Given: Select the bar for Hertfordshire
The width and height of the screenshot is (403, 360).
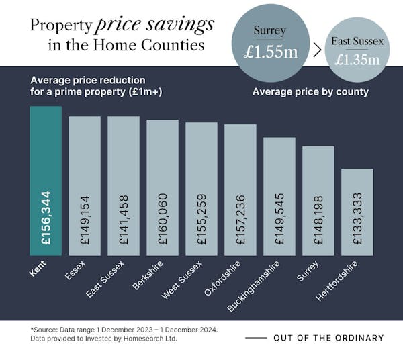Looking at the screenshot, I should (x=357, y=212).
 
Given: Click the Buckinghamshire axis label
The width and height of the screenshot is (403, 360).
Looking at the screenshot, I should (x=253, y=285).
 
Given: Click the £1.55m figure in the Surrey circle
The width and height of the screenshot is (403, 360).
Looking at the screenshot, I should (x=270, y=52).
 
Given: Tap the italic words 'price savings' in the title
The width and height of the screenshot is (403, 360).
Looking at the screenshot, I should (x=154, y=25).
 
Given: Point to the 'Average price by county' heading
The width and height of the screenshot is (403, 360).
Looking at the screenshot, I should (x=310, y=92).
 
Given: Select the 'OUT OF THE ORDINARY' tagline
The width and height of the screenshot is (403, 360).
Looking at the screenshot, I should (x=328, y=338).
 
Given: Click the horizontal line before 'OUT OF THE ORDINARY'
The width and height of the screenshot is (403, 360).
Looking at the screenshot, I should (x=255, y=338).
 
